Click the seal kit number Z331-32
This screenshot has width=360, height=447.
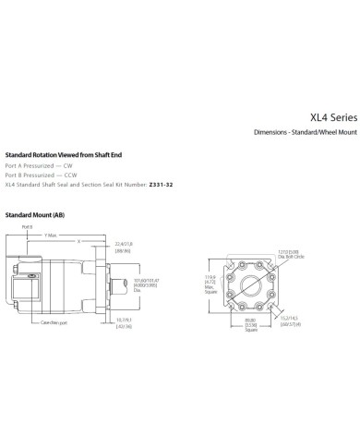(x=158, y=185)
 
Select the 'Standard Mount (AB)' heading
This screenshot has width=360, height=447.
(x=35, y=214)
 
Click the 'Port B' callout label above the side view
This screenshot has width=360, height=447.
(x=27, y=226)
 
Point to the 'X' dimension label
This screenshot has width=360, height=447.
(x=79, y=241)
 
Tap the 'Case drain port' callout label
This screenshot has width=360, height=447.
(x=55, y=322)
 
